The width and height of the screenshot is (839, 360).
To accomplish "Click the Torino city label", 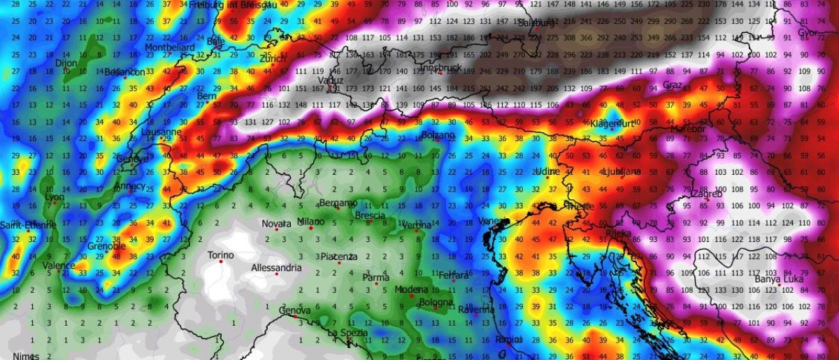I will (x=220, y=255).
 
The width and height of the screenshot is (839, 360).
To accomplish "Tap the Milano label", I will (x=310, y=222).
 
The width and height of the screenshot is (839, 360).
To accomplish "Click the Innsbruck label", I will (x=441, y=68).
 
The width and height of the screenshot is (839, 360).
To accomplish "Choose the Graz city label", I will (x=672, y=85).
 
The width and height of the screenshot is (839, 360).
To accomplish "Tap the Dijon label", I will (x=66, y=63).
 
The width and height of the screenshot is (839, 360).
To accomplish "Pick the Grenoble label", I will (x=106, y=246).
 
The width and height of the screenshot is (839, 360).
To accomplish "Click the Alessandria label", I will (x=277, y=268).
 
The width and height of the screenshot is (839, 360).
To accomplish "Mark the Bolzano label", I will (x=438, y=134).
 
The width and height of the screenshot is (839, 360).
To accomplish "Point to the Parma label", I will (x=375, y=278).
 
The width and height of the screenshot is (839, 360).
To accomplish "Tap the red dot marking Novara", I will (x=277, y=229).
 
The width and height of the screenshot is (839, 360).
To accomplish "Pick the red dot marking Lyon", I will (x=55, y=203).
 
